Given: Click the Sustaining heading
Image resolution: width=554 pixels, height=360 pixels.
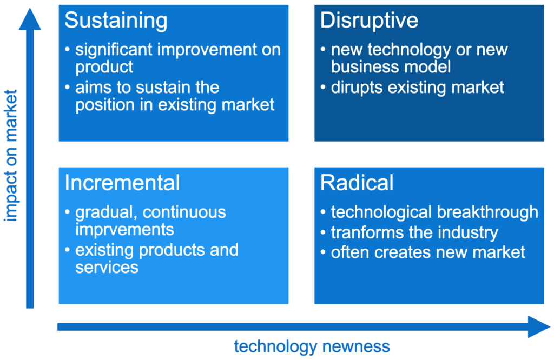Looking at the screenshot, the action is click(x=116, y=21).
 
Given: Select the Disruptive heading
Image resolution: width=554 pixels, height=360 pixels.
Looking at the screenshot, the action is click(x=369, y=21).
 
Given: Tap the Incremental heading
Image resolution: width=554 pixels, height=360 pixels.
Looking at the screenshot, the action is click(x=122, y=183).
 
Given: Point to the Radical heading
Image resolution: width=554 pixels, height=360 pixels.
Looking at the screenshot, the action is click(x=357, y=183).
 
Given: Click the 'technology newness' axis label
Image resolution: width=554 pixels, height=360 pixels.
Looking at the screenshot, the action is click(x=312, y=346).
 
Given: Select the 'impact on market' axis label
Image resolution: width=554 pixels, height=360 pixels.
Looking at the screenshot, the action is click(x=11, y=156).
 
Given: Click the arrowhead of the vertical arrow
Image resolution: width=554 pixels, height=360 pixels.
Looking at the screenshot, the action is click(x=30, y=19).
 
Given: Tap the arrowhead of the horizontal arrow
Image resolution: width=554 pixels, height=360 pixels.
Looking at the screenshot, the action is click(x=539, y=327).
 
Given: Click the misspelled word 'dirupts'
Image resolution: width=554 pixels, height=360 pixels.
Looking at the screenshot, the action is click(x=357, y=88).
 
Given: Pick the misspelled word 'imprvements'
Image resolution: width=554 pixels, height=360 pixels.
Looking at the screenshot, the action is click(x=125, y=230).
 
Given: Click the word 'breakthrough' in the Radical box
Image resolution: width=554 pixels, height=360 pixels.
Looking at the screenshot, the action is click(x=487, y=212).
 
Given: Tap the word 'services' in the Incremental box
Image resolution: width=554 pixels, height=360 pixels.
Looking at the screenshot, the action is click(x=107, y=268).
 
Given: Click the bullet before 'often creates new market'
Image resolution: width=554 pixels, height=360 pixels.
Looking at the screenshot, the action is click(x=323, y=252).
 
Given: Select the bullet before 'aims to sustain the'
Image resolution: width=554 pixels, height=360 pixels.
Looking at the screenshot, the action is click(x=67, y=87).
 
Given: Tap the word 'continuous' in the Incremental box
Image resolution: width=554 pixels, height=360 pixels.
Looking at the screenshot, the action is click(x=184, y=212).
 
